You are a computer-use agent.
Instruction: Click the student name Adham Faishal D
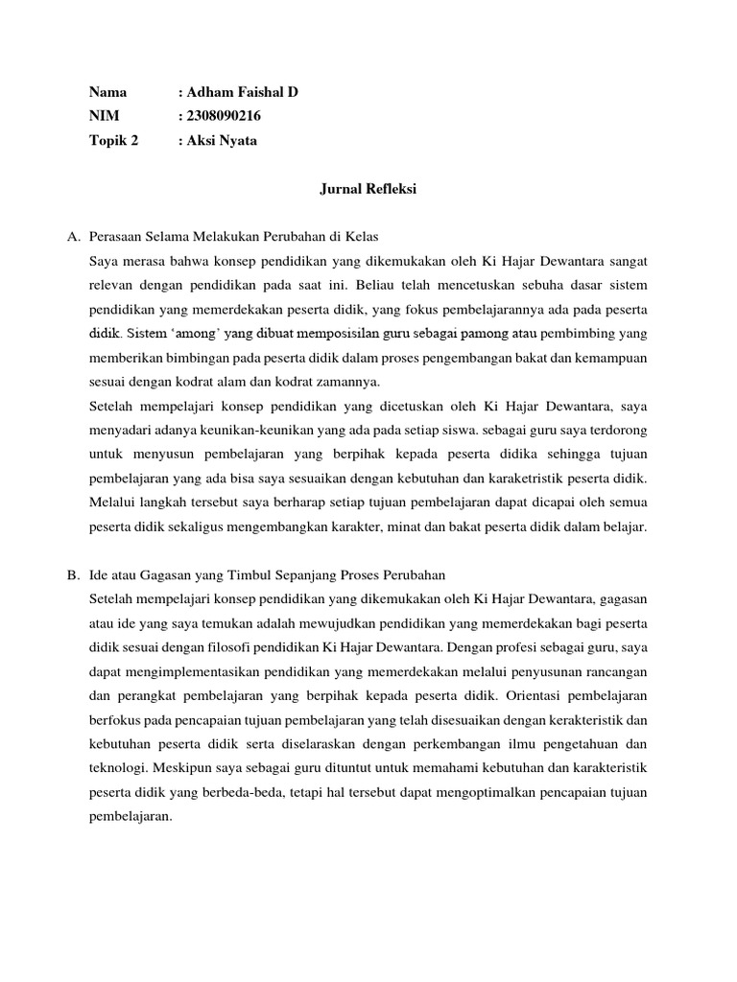(242, 93)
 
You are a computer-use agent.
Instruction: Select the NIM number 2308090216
(224, 116)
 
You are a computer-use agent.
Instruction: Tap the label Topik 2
(113, 140)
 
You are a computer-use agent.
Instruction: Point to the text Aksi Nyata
(222, 140)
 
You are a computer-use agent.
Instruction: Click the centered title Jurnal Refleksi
(368, 190)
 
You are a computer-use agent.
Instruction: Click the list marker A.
(73, 236)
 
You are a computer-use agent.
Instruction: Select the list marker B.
(73, 575)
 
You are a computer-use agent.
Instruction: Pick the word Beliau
(376, 285)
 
